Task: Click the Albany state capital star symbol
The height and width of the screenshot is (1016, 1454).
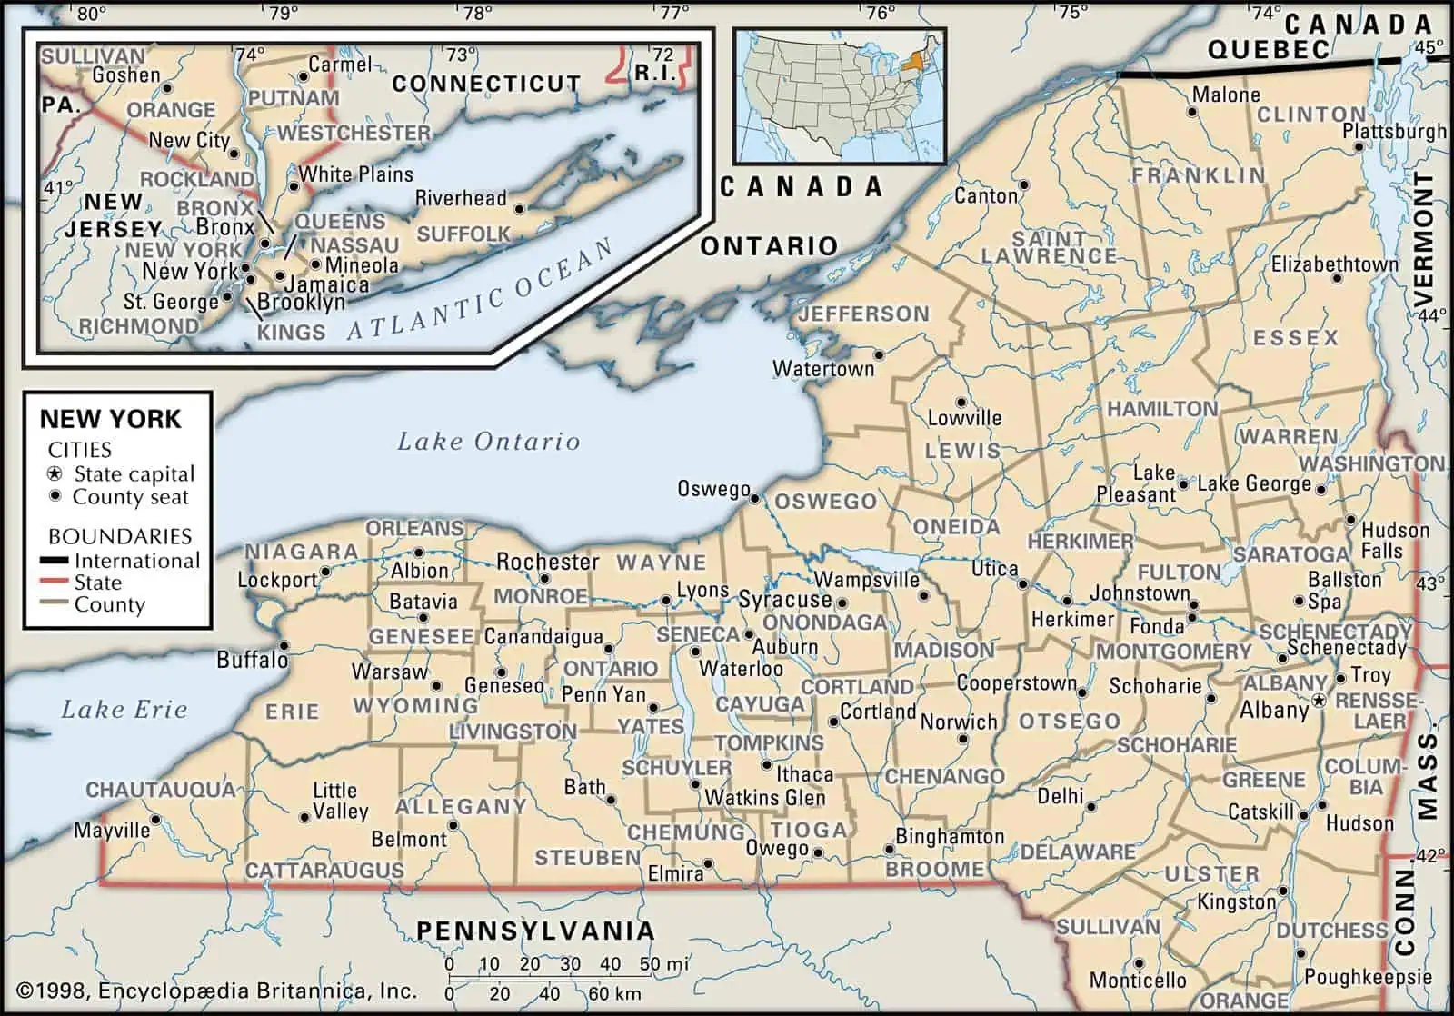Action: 1319,701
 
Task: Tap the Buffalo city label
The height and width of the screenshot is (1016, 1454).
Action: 252,660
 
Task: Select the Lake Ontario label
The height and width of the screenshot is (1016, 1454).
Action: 488,442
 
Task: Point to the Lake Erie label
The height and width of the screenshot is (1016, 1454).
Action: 124,710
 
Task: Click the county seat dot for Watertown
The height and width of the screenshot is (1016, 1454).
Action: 879,354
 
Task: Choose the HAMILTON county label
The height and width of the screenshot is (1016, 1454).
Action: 1161,409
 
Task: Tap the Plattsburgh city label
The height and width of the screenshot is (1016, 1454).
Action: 1394,132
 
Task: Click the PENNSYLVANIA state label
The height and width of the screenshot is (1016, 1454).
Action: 535,931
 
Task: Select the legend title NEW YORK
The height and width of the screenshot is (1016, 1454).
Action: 110,419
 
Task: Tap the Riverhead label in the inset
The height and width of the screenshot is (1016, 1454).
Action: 461,198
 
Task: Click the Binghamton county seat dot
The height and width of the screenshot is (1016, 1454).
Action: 890,851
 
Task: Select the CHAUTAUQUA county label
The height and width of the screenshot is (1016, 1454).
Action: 160,789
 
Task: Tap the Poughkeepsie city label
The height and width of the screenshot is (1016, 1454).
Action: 1368,978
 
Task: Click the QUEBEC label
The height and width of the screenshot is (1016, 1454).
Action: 1268,49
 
